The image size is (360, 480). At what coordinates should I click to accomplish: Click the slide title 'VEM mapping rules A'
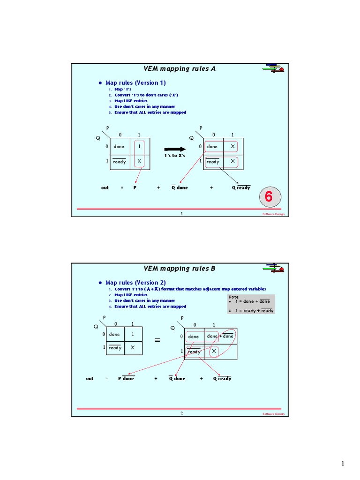[x=180, y=68]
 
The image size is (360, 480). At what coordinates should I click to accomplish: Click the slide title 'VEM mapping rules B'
[x=180, y=269]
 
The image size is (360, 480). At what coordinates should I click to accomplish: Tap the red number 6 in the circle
[x=269, y=197]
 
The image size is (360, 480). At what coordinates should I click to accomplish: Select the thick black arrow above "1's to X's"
[x=174, y=147]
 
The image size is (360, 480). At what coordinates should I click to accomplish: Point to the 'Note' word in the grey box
[x=233, y=297]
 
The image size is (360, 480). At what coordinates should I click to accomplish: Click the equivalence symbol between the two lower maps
[x=157, y=341]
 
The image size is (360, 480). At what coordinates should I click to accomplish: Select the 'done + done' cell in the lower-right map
[x=220, y=336]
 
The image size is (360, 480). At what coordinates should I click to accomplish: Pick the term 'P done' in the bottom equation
[x=126, y=378]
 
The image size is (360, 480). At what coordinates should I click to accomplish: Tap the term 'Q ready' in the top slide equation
[x=241, y=187]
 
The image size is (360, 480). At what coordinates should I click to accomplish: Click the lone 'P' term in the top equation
[x=135, y=187]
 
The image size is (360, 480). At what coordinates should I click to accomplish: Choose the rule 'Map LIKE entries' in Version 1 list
[x=131, y=101]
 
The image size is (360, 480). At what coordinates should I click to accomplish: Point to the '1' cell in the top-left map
[x=139, y=146]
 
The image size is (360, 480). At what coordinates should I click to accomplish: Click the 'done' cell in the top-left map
[x=119, y=146]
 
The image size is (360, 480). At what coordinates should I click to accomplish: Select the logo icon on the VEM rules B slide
[x=273, y=268]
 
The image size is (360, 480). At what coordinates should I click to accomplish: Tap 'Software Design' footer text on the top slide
[x=273, y=214]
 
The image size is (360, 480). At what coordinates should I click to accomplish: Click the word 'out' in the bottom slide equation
[x=90, y=378]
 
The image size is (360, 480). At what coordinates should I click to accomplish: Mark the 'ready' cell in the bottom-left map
[x=115, y=348]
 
